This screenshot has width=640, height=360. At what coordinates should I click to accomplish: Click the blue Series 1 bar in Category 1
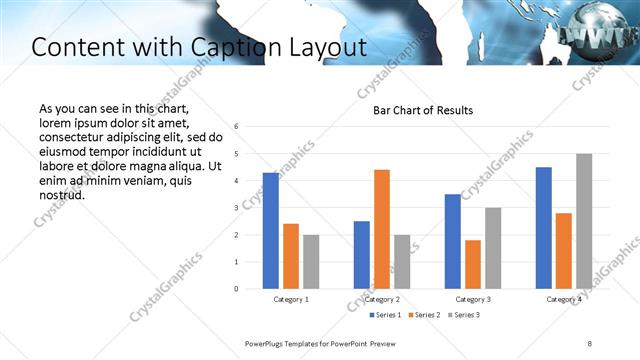coord(271,231)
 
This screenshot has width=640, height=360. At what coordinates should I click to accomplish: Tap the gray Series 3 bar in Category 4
coord(584,221)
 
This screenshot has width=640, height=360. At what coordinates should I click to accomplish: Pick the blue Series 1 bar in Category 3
coord(453,241)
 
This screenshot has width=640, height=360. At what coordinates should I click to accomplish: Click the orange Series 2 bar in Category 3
coord(473,264)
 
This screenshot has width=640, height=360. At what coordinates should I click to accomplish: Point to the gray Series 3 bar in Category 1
coord(311,262)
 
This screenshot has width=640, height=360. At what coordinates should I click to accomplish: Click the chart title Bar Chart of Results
coord(423,110)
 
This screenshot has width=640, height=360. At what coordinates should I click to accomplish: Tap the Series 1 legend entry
coord(386,316)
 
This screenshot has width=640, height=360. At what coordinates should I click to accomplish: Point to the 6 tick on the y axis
coord(236,127)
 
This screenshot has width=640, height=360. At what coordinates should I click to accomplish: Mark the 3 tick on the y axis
coord(236,208)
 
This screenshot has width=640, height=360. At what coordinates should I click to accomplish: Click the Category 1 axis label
coord(291,300)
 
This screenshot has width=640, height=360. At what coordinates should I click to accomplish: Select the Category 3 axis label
coord(473,300)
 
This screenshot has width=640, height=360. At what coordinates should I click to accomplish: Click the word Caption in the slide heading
coord(221,47)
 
